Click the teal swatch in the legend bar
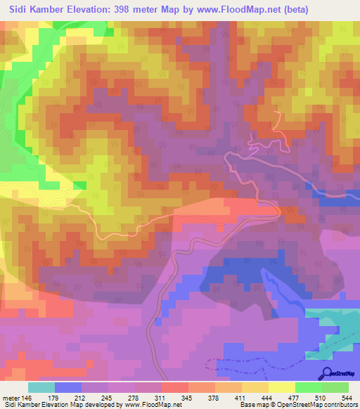point(41,387)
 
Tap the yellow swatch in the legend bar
point(282,387)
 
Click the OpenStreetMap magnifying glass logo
point(327,373)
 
